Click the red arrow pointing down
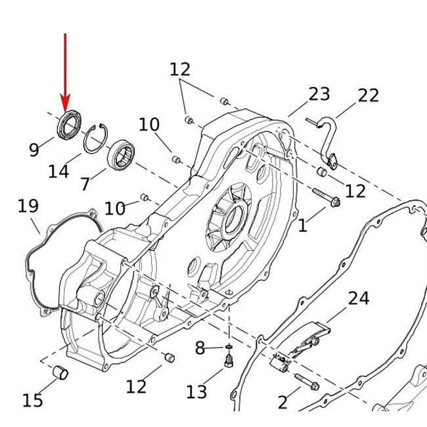(x=65, y=72)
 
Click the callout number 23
(x=319, y=94)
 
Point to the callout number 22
(x=368, y=95)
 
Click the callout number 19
(x=28, y=206)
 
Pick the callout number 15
(x=32, y=399)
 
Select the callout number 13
(x=196, y=392)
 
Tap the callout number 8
(x=200, y=348)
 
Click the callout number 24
(x=359, y=298)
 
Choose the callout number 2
(x=282, y=402)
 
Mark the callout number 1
(x=302, y=227)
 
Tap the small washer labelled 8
(x=227, y=346)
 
